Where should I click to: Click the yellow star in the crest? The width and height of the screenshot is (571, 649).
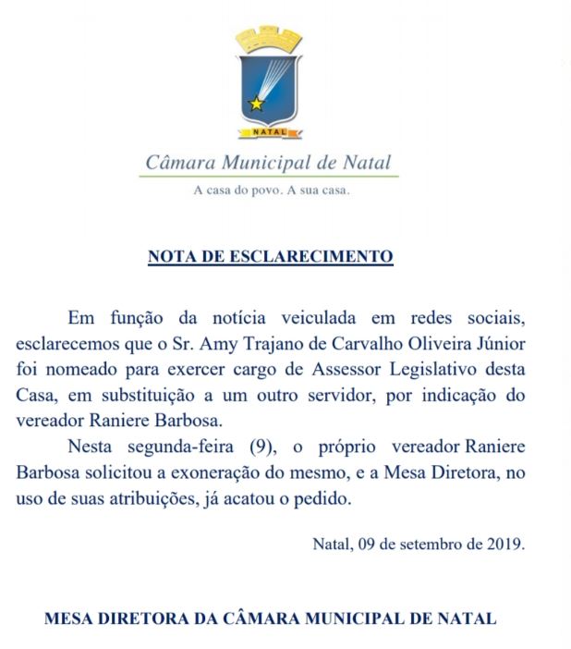pos(256,103)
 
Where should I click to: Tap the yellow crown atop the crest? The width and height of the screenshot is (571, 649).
pos(269,39)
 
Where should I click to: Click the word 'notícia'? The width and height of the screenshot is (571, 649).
pos(256,319)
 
